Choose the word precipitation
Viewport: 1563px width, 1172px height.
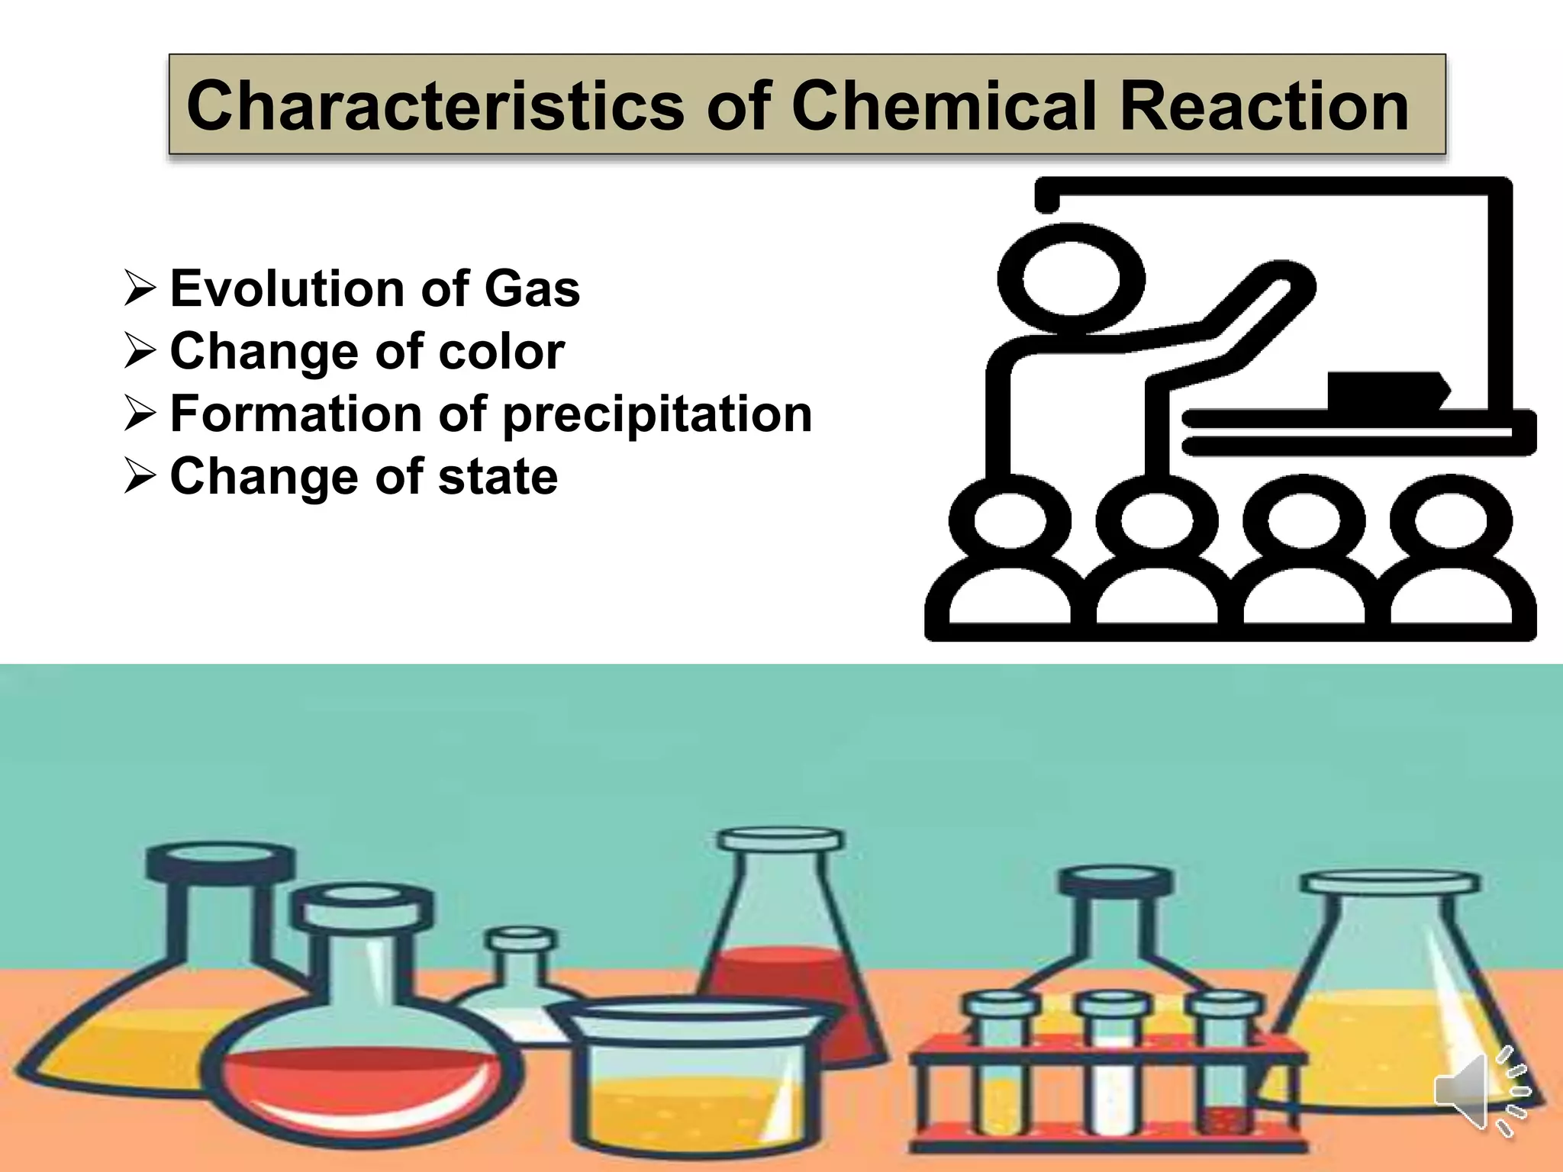[658, 414]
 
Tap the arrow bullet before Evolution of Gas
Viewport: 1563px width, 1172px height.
[140, 289]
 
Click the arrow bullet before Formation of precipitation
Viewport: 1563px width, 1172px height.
[140, 414]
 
